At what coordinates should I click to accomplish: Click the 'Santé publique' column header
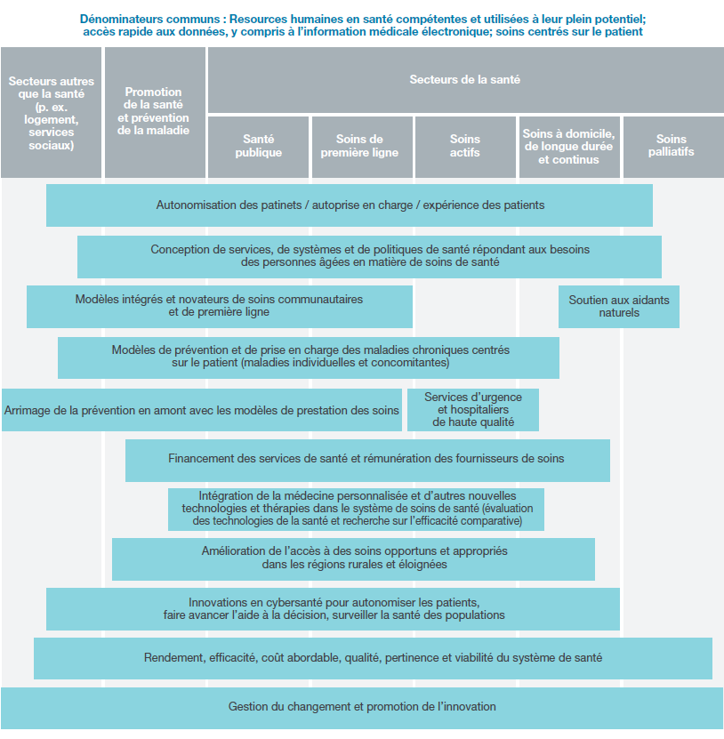pyautogui.click(x=258, y=147)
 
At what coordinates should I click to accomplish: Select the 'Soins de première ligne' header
pyautogui.click(x=362, y=147)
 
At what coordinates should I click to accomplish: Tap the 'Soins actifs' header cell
pyautogui.click(x=465, y=147)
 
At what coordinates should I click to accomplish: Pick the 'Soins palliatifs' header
pyautogui.click(x=673, y=147)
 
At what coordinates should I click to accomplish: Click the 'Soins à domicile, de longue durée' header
pyautogui.click(x=569, y=147)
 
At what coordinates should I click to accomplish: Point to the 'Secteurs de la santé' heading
pyautogui.click(x=466, y=80)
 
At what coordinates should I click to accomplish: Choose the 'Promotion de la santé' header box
pyautogui.click(x=155, y=112)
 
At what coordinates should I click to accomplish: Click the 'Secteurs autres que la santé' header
pyautogui.click(x=51, y=112)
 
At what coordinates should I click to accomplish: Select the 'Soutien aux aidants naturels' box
pyautogui.click(x=619, y=306)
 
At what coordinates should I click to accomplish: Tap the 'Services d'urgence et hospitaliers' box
pyautogui.click(x=473, y=410)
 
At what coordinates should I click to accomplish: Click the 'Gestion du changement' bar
pyautogui.click(x=362, y=708)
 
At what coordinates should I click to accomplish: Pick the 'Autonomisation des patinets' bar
pyautogui.click(x=350, y=205)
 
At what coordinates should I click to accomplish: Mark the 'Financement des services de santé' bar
pyautogui.click(x=367, y=461)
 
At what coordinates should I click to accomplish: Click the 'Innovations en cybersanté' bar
pyautogui.click(x=333, y=609)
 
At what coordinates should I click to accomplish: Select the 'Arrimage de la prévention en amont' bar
pyautogui.click(x=202, y=410)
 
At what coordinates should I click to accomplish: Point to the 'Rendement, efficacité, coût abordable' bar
pyautogui.click(x=373, y=658)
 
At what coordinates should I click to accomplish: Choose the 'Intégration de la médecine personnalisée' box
pyautogui.click(x=356, y=510)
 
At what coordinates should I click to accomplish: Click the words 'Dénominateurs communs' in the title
pyautogui.click(x=150, y=19)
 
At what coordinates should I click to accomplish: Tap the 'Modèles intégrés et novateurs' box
pyautogui.click(x=220, y=306)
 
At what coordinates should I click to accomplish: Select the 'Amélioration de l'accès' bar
pyautogui.click(x=353, y=559)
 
